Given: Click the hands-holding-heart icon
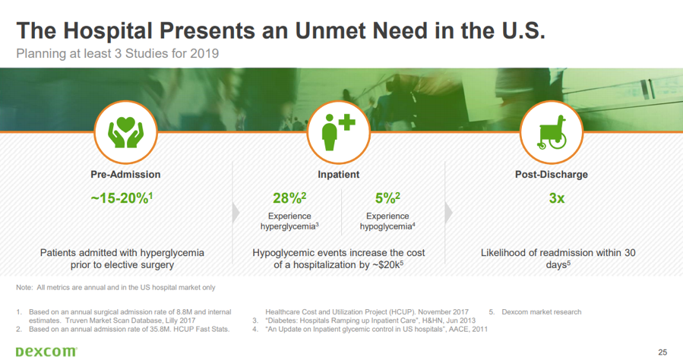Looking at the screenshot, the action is point(125,132).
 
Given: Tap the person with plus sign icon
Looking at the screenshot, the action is point(338,132).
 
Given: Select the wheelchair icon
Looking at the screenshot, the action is point(552,132).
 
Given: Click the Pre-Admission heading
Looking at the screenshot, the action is point(125,175).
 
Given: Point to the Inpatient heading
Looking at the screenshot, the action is point(338,175).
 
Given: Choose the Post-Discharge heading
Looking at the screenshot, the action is point(552,175).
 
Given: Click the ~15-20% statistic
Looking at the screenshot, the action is point(122,198).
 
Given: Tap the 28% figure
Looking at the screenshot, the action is point(289,198).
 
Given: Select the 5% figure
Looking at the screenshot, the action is point(387,198).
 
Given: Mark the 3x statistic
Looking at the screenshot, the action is point(557,198).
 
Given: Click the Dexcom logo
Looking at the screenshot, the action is point(46,352).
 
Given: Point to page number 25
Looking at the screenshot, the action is point(662,352).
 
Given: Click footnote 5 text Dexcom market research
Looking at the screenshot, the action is point(542,312).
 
